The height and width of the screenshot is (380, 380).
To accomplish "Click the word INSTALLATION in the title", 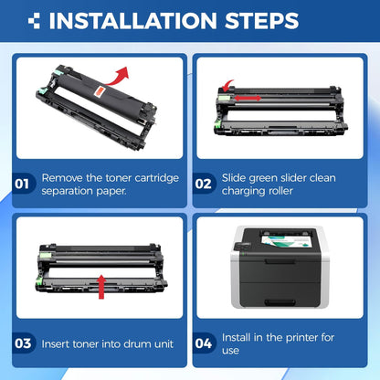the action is [x=132, y=21].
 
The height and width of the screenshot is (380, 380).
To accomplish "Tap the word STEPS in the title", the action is [x=261, y=21].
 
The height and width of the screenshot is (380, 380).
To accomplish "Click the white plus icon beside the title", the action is [x=34, y=21].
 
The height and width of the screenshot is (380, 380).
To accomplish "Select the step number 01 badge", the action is [x=22, y=184].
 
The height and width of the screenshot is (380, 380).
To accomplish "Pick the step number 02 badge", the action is [x=204, y=184].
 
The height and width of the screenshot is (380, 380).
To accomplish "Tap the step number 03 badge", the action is [x=23, y=343].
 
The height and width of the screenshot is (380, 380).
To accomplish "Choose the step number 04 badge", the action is [x=204, y=343].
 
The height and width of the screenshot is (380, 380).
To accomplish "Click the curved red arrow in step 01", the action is [x=118, y=78].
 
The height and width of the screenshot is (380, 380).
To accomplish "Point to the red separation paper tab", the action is [x=100, y=91].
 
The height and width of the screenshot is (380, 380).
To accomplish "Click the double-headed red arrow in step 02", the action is [x=248, y=98].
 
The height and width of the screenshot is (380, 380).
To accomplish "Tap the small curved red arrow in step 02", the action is [x=227, y=86].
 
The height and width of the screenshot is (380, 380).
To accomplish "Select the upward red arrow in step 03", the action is [x=101, y=287].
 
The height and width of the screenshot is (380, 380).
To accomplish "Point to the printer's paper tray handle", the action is [x=280, y=302].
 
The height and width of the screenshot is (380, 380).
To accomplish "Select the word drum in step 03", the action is [x=137, y=344].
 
